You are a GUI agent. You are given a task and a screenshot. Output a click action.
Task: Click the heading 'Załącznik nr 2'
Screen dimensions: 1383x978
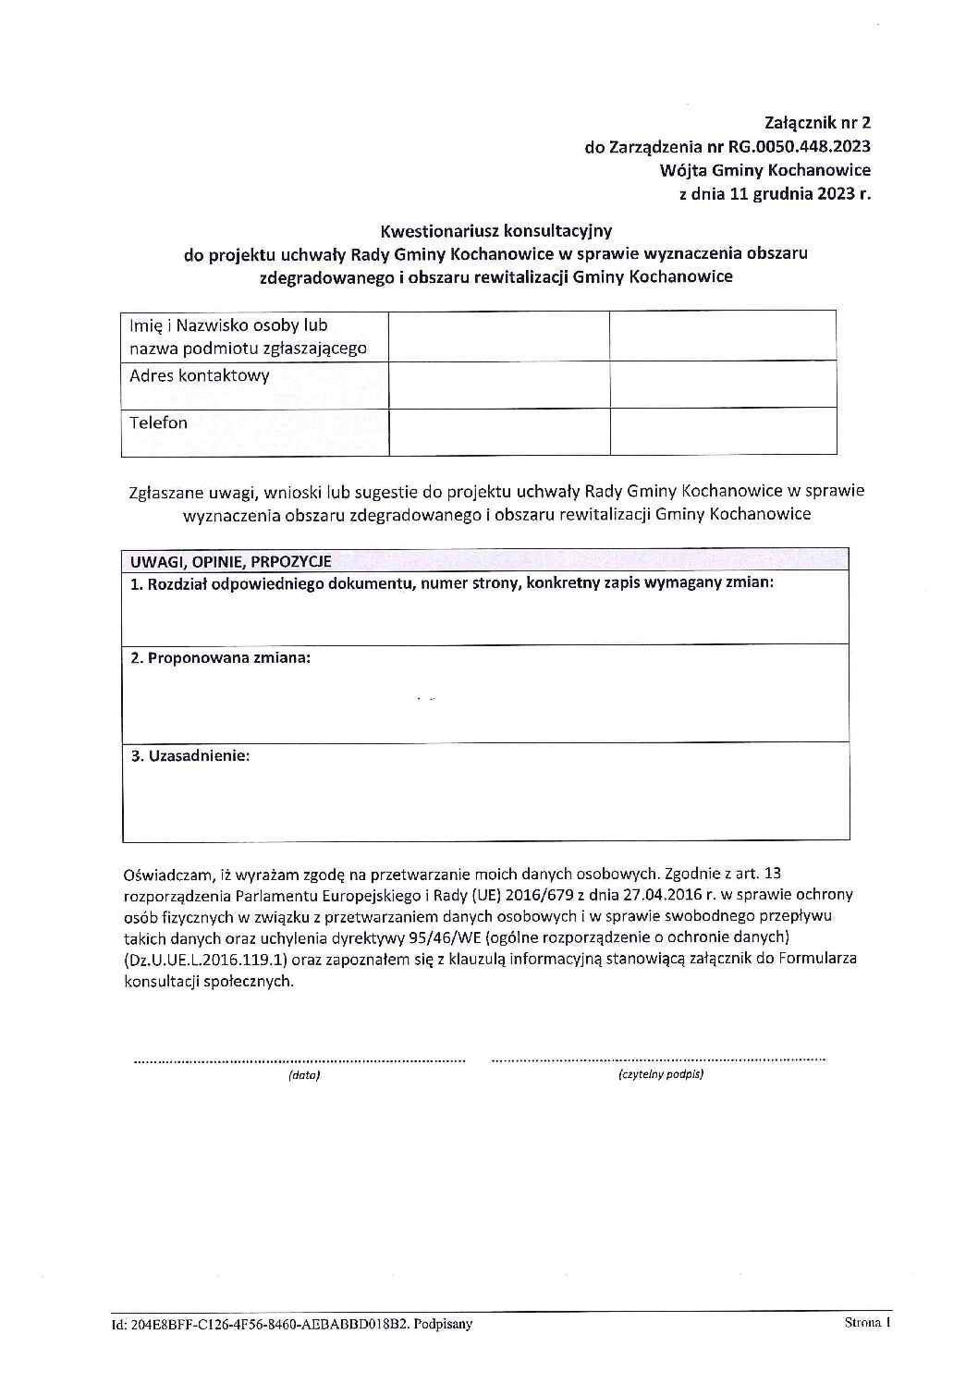tap(818, 121)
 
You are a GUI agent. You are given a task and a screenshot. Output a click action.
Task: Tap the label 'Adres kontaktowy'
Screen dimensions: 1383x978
tap(200, 375)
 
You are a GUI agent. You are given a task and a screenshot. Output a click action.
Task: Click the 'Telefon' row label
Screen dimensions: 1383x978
tap(158, 422)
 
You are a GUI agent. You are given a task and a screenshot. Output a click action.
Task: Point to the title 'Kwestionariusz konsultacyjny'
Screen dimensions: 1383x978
tap(495, 227)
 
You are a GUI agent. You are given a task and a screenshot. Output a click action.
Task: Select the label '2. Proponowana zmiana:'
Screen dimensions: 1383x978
tap(220, 658)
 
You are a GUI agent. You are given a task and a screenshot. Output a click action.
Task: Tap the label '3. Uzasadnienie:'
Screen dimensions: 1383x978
tap(190, 755)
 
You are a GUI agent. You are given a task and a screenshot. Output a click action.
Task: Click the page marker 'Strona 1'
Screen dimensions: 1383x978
tap(866, 1323)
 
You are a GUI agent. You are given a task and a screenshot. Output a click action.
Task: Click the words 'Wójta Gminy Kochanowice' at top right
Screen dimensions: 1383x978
tap(765, 170)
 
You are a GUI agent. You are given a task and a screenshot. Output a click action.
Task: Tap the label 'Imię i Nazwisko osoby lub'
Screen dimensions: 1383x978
tap(228, 325)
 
